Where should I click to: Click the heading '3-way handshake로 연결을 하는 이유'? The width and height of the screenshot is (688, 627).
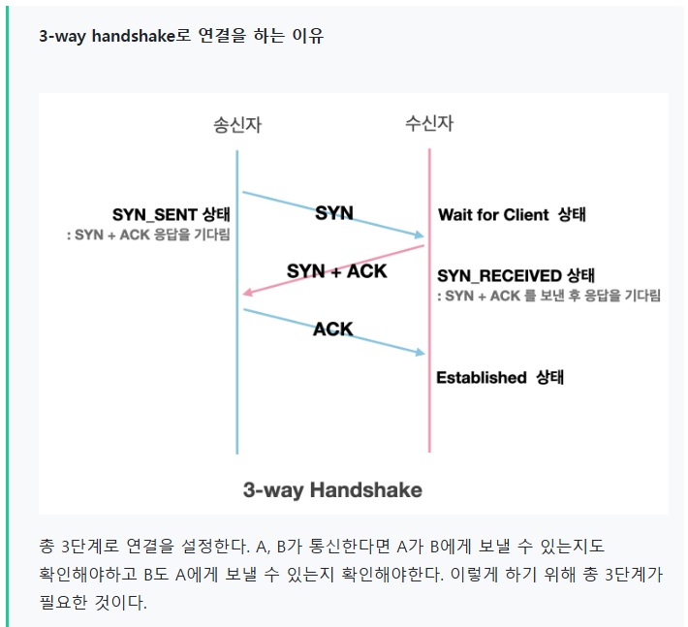point(181,37)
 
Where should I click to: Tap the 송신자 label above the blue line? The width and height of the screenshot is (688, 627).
point(237,125)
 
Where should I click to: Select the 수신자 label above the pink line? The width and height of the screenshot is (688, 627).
point(429,124)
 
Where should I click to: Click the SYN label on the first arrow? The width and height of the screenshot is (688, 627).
point(334,212)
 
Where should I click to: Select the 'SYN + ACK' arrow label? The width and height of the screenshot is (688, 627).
point(336,271)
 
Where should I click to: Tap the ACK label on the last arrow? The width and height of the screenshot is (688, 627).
point(333,329)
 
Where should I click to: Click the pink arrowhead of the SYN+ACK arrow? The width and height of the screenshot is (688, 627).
point(248,292)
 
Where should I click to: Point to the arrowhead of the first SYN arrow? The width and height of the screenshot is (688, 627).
point(419,235)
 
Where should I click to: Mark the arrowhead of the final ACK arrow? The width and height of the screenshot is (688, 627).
point(419,352)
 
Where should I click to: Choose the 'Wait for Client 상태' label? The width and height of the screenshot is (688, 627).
point(512,215)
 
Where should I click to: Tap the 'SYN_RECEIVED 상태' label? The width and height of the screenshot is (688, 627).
point(516,276)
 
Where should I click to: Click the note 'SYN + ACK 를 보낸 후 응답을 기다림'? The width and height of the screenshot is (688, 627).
point(548,297)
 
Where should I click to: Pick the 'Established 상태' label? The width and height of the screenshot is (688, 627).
point(499,378)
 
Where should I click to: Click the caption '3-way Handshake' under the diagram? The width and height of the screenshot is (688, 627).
point(332,489)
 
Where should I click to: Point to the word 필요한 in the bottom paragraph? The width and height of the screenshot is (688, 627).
point(64,602)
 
